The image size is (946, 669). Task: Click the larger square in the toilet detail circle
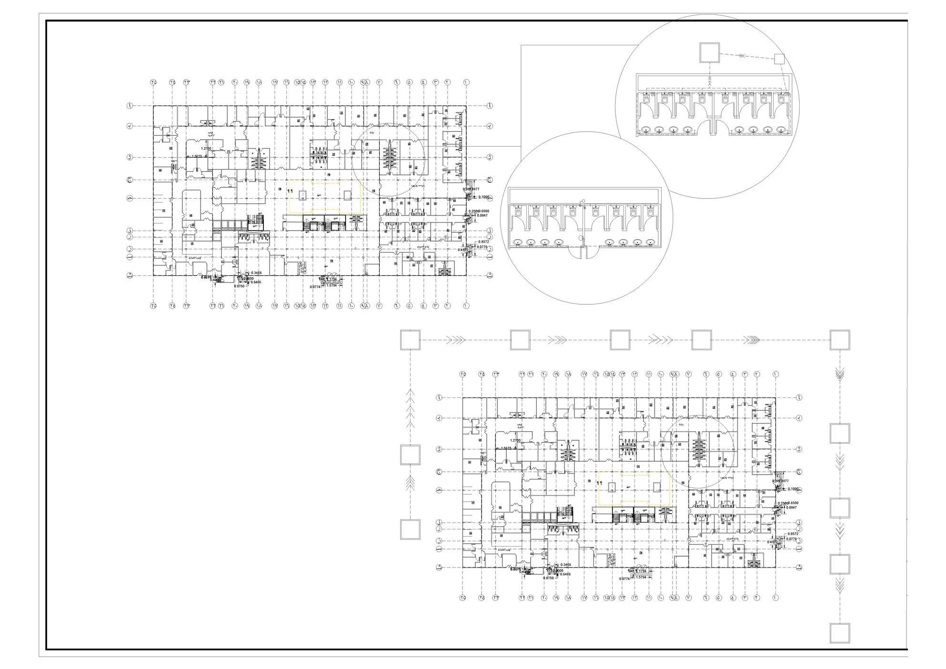tap(709, 52)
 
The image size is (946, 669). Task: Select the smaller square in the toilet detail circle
tap(779, 59)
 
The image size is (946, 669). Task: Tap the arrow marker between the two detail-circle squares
tap(742, 56)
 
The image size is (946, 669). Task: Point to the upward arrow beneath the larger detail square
tap(709, 81)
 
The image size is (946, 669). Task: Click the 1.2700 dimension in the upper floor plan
tap(206, 149)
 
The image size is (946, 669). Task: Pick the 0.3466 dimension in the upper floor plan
tap(255, 273)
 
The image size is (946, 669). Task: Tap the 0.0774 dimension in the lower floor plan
tap(624, 579)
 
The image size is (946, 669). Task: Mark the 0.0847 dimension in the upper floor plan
tap(483, 215)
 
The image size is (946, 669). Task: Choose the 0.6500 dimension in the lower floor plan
tap(793, 503)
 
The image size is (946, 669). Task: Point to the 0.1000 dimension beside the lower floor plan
tap(794, 489)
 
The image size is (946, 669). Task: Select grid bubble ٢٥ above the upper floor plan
tap(153, 82)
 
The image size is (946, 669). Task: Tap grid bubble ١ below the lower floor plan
tap(776, 598)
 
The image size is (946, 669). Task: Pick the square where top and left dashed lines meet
tap(410, 340)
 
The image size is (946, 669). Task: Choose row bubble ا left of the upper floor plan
tap(129, 105)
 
